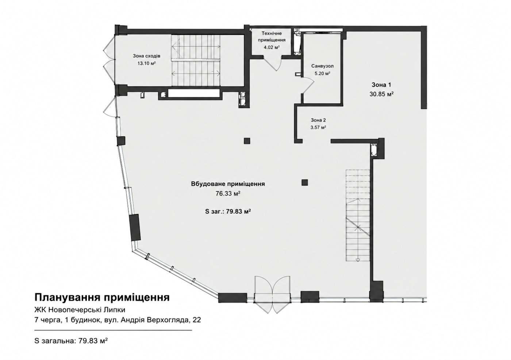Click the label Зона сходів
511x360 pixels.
pos(146,56)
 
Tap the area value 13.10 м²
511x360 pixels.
pos(146,63)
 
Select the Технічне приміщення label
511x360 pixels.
pos(272,37)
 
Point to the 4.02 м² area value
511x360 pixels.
pos(272,47)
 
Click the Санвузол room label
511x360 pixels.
pos(322,66)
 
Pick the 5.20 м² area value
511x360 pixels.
pos(322,74)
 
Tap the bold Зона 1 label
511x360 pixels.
pos(381,85)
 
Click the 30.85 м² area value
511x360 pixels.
pos(382,94)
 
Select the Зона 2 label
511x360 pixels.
pos(318,120)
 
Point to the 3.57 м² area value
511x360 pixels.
pos(318,127)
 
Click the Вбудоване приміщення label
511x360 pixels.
pos(228,184)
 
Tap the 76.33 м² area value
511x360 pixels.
pos(228,194)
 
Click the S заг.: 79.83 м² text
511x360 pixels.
pos(228,212)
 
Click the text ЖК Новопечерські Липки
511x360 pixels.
pos(80,310)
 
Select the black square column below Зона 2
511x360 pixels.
pos(304,182)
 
